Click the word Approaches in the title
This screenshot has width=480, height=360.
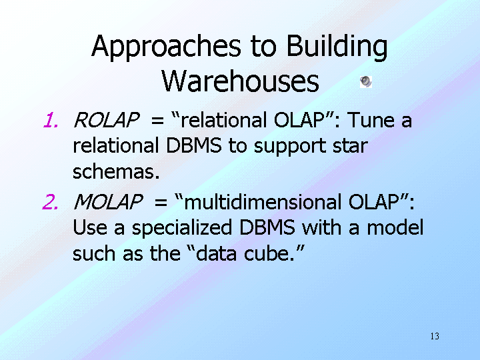(x=166, y=47)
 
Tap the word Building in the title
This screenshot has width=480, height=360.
(x=337, y=47)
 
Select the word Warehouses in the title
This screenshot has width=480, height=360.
(x=240, y=81)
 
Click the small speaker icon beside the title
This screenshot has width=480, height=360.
(x=366, y=82)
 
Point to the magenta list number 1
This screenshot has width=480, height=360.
(x=51, y=120)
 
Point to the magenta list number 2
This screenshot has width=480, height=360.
(x=50, y=202)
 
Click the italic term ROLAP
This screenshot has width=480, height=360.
(x=107, y=120)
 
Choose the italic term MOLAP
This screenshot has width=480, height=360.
(x=109, y=202)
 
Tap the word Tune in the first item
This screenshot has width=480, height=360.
(x=371, y=120)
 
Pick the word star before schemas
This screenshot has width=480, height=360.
(x=350, y=146)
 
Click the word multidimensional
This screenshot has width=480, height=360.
(x=263, y=202)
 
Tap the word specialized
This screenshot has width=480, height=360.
(x=182, y=229)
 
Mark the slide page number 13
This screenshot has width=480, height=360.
(x=435, y=336)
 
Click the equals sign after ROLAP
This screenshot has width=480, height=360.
(x=157, y=121)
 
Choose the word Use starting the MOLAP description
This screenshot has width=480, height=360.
(x=90, y=229)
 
